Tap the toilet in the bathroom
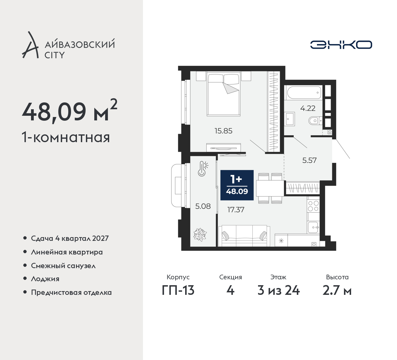tap(315, 121)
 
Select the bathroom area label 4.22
tap(308, 108)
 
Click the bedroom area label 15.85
tap(223, 131)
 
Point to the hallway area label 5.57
tap(309, 160)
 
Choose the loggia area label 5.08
tap(203, 206)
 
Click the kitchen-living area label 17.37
tap(236, 209)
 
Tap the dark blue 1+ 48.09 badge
tap(237, 185)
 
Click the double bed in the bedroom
tap(224, 94)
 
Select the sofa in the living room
tap(244, 236)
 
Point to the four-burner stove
tap(314, 206)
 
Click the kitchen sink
tap(314, 227)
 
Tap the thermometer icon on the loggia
tap(203, 169)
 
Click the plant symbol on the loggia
tap(200, 235)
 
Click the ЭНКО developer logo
tap(341, 45)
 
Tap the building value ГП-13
tap(178, 291)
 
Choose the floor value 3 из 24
tap(279, 291)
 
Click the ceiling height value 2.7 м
tap(337, 291)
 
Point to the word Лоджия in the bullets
tap(45, 279)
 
